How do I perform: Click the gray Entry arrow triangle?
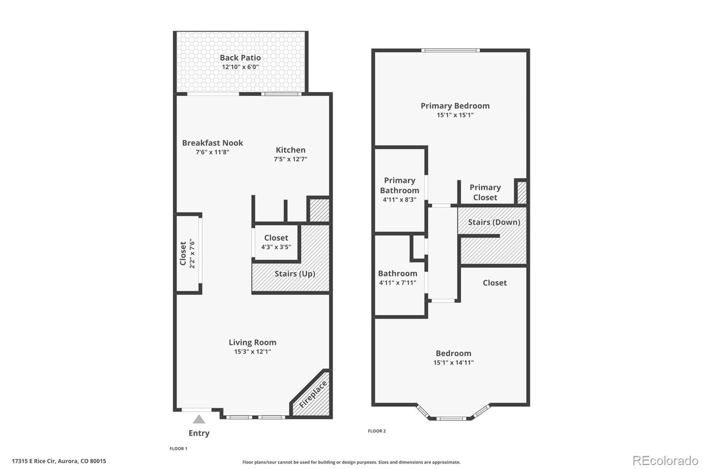pyautogui.click(x=199, y=419)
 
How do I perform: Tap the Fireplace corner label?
pyautogui.click(x=313, y=394)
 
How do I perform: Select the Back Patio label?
pyautogui.click(x=240, y=58)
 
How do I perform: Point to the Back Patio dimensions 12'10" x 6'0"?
pyautogui.click(x=240, y=67)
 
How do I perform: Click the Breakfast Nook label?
pyautogui.click(x=213, y=143)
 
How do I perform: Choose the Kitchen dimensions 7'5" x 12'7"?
pyautogui.click(x=290, y=159)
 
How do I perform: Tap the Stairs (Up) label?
pyautogui.click(x=295, y=274)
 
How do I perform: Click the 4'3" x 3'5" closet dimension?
pyautogui.click(x=276, y=247)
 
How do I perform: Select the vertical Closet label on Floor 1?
pyautogui.click(x=183, y=253)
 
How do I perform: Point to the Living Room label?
pyautogui.click(x=252, y=342)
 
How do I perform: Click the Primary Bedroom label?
pyautogui.click(x=455, y=106)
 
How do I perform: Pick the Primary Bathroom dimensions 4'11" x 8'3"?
pyautogui.click(x=399, y=200)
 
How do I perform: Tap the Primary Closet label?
pyautogui.click(x=485, y=192)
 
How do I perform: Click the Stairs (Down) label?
pyautogui.click(x=494, y=222)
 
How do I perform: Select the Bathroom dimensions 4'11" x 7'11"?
pyautogui.click(x=398, y=283)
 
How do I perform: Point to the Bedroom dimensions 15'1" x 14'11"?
pyautogui.click(x=453, y=363)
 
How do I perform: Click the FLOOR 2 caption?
pyautogui.click(x=377, y=431)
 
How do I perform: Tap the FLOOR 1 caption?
pyautogui.click(x=178, y=449)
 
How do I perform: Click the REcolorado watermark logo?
pyautogui.click(x=665, y=461)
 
